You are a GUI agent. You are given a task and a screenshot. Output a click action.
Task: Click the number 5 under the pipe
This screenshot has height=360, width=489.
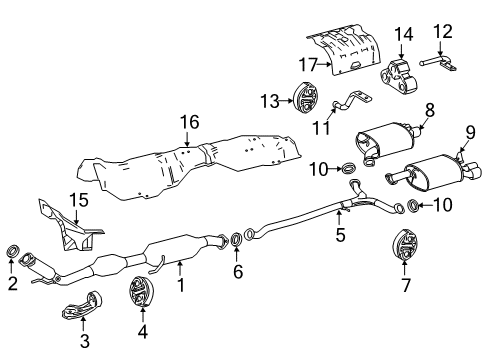point(340,236)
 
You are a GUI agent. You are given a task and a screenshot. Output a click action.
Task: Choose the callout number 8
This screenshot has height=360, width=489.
point(430,109)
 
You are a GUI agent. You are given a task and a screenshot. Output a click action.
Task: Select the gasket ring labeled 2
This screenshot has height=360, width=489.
point(13,251)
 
